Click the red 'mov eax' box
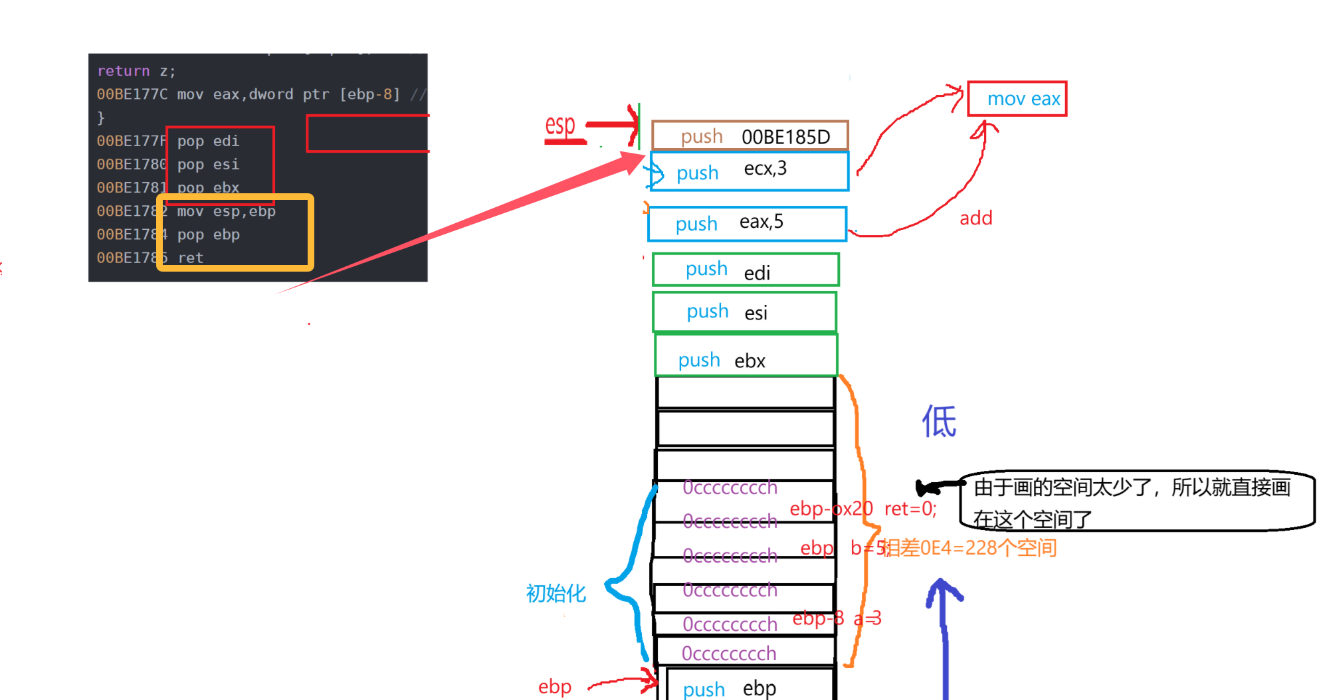pos(1017,99)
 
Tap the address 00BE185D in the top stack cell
pos(785,137)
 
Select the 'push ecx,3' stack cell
pos(749,171)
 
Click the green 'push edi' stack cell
pos(746,270)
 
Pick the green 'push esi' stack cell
pos(744,311)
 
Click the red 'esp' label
pos(560,126)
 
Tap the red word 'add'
pos(975,219)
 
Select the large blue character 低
pos(939,421)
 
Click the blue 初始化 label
pos(556,593)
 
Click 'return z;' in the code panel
pos(136,71)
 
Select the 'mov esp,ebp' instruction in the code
pos(226,211)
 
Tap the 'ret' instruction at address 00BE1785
pos(191,258)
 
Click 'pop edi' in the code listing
pos(208,141)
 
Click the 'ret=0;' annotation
pos(910,509)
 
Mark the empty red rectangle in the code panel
pos(367,133)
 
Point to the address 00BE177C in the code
pos(132,94)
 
